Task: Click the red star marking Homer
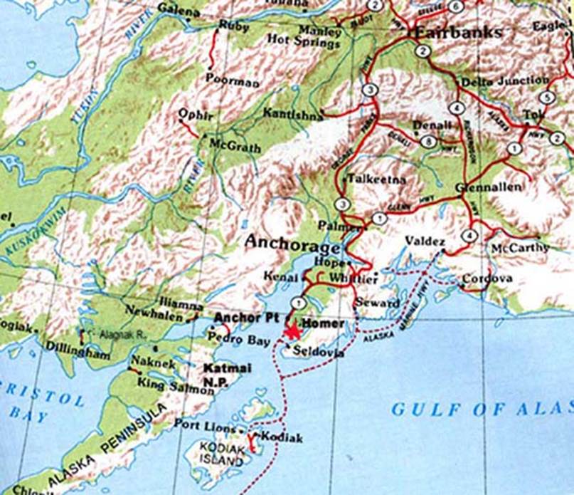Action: pyautogui.click(x=291, y=329)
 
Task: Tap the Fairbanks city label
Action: pyautogui.click(x=458, y=32)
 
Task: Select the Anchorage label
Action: pyautogui.click(x=292, y=244)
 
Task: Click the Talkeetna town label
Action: pyautogui.click(x=376, y=180)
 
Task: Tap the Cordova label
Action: pyautogui.click(x=487, y=279)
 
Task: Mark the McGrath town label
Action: pyautogui.click(x=233, y=145)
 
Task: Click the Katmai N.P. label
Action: pyautogui.click(x=225, y=375)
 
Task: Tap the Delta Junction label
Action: pyautogui.click(x=505, y=81)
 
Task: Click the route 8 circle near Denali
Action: pyautogui.click(x=427, y=141)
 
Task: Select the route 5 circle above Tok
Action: pyautogui.click(x=546, y=97)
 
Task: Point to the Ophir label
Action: pyautogui.click(x=193, y=114)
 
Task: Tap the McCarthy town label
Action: pyautogui.click(x=520, y=248)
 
